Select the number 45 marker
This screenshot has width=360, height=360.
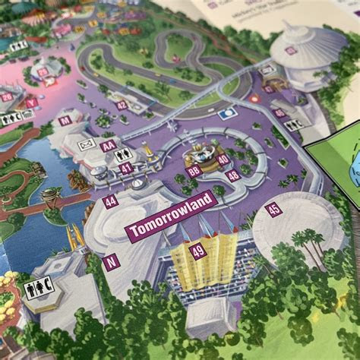coord(273,209)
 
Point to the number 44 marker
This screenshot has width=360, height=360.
coord(111,201)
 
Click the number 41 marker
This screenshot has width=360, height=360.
coord(126,168)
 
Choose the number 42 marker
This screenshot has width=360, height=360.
coord(122,105)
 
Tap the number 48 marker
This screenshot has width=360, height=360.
coord(232,175)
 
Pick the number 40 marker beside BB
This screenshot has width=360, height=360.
coord(223,159)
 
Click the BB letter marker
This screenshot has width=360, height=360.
coord(194,171)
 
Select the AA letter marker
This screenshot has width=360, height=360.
coord(109,146)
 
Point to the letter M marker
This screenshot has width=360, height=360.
coord(65,120)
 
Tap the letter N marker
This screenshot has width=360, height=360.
coord(112,262)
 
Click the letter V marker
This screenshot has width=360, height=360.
coord(31,103)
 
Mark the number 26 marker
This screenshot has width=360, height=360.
coord(7,96)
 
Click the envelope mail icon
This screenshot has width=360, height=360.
coord(87,144)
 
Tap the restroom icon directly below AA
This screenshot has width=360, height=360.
coord(123,154)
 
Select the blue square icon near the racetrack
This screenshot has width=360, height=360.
coord(227,115)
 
